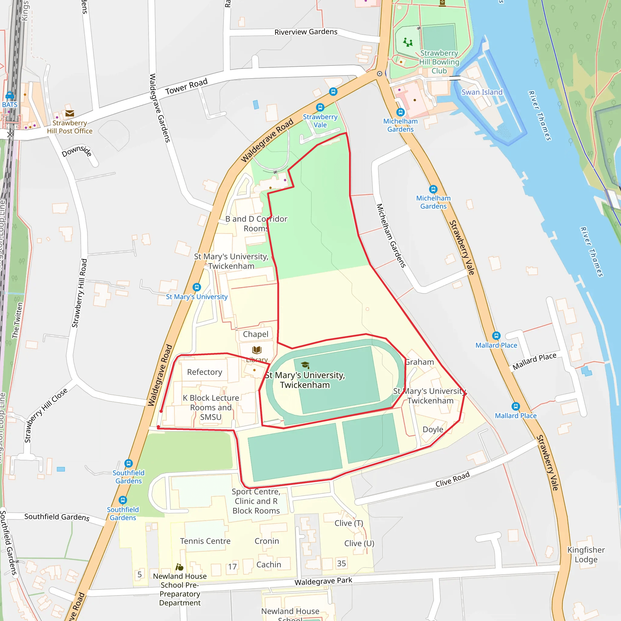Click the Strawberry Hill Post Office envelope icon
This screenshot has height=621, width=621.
pos(69,113)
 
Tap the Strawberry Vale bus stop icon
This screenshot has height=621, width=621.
pos(320,107)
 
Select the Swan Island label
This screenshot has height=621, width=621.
pos(482,92)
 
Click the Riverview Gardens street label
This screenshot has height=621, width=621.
pos(306,32)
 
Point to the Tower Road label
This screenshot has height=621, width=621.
pos(186,87)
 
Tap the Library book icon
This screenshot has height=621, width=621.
pos(257,350)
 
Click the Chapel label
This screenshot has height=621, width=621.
pos(255,334)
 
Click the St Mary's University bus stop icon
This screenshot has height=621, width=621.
pos(197,287)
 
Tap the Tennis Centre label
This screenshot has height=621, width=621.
pos(205,541)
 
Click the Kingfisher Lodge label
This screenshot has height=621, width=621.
pos(586,555)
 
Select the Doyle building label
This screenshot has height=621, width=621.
pos(433,429)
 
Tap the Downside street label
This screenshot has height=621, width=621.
pos(76,151)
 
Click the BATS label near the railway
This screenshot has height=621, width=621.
pos(10,105)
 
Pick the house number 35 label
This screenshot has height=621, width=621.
pos(341,563)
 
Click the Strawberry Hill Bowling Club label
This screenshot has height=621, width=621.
pos(439,62)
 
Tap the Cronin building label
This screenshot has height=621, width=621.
pos(267,541)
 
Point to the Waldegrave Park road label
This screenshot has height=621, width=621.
pos(323,581)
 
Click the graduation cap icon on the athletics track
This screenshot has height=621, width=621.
pos(305,365)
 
